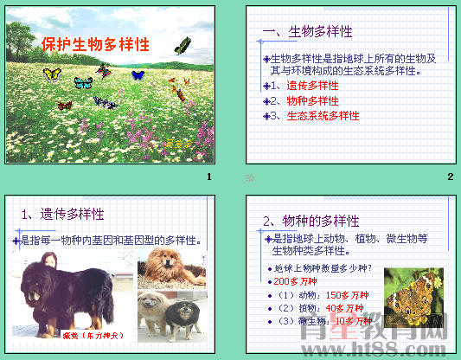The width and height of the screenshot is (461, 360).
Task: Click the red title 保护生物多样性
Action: pos(95,45)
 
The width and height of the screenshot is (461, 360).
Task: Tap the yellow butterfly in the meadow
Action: pos(53,75)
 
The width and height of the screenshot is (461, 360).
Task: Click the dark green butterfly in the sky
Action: pos(182,46)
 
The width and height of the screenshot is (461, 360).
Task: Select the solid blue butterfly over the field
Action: pos(137,75)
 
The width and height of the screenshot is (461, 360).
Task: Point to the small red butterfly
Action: pos(64,105)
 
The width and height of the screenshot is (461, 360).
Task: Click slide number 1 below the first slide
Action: pos(208,177)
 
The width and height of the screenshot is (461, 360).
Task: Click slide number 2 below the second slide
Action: pos(450,177)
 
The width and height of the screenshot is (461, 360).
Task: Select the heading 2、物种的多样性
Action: pos(311,221)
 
